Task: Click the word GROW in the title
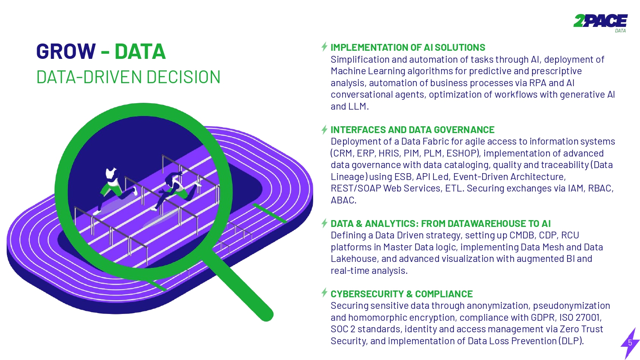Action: (66, 52)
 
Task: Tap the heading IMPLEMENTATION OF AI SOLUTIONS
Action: (407, 47)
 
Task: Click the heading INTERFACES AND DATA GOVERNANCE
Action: (412, 130)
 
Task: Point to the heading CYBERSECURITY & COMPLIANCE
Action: (401, 294)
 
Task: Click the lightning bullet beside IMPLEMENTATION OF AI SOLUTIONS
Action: (325, 46)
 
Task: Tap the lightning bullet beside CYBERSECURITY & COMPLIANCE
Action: (325, 293)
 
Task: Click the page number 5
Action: (630, 343)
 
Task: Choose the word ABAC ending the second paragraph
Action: (343, 200)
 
